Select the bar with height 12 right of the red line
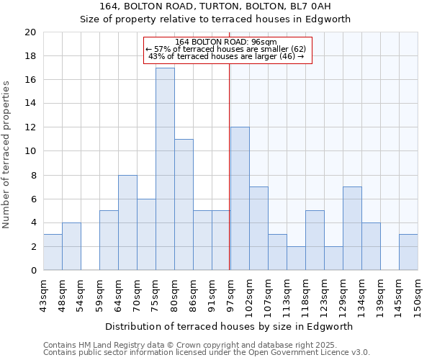click(240, 199)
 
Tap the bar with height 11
click(184, 204)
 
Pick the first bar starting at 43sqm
click(53, 252)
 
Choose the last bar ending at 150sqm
click(408, 252)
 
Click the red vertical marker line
click(229, 180)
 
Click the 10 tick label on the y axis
click(30, 151)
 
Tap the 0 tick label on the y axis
click(32, 271)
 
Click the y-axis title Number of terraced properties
click(6, 154)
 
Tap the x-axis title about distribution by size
click(229, 326)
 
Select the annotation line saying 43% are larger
click(226, 56)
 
